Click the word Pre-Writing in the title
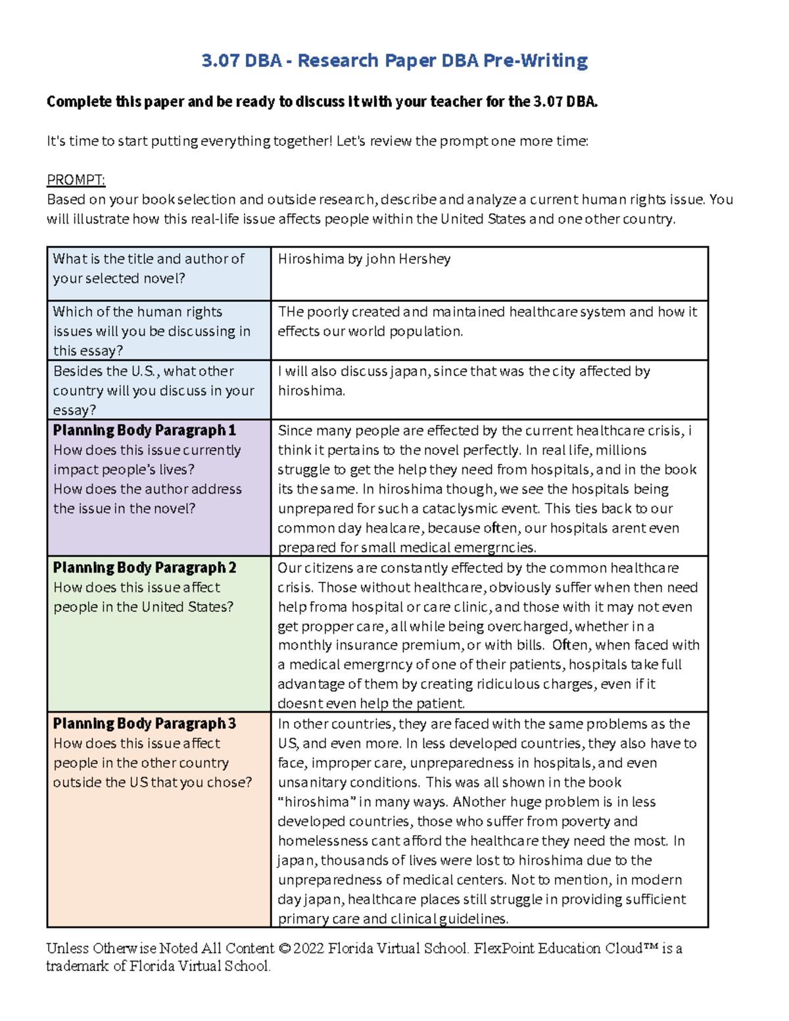[535, 61]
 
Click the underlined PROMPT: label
[76, 180]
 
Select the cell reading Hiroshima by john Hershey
[364, 259]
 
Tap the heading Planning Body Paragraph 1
[144, 431]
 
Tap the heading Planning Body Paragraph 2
[144, 567]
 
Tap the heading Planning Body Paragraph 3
[144, 724]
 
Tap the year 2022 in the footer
[308, 949]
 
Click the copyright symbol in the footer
[284, 949]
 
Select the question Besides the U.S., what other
[143, 371]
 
